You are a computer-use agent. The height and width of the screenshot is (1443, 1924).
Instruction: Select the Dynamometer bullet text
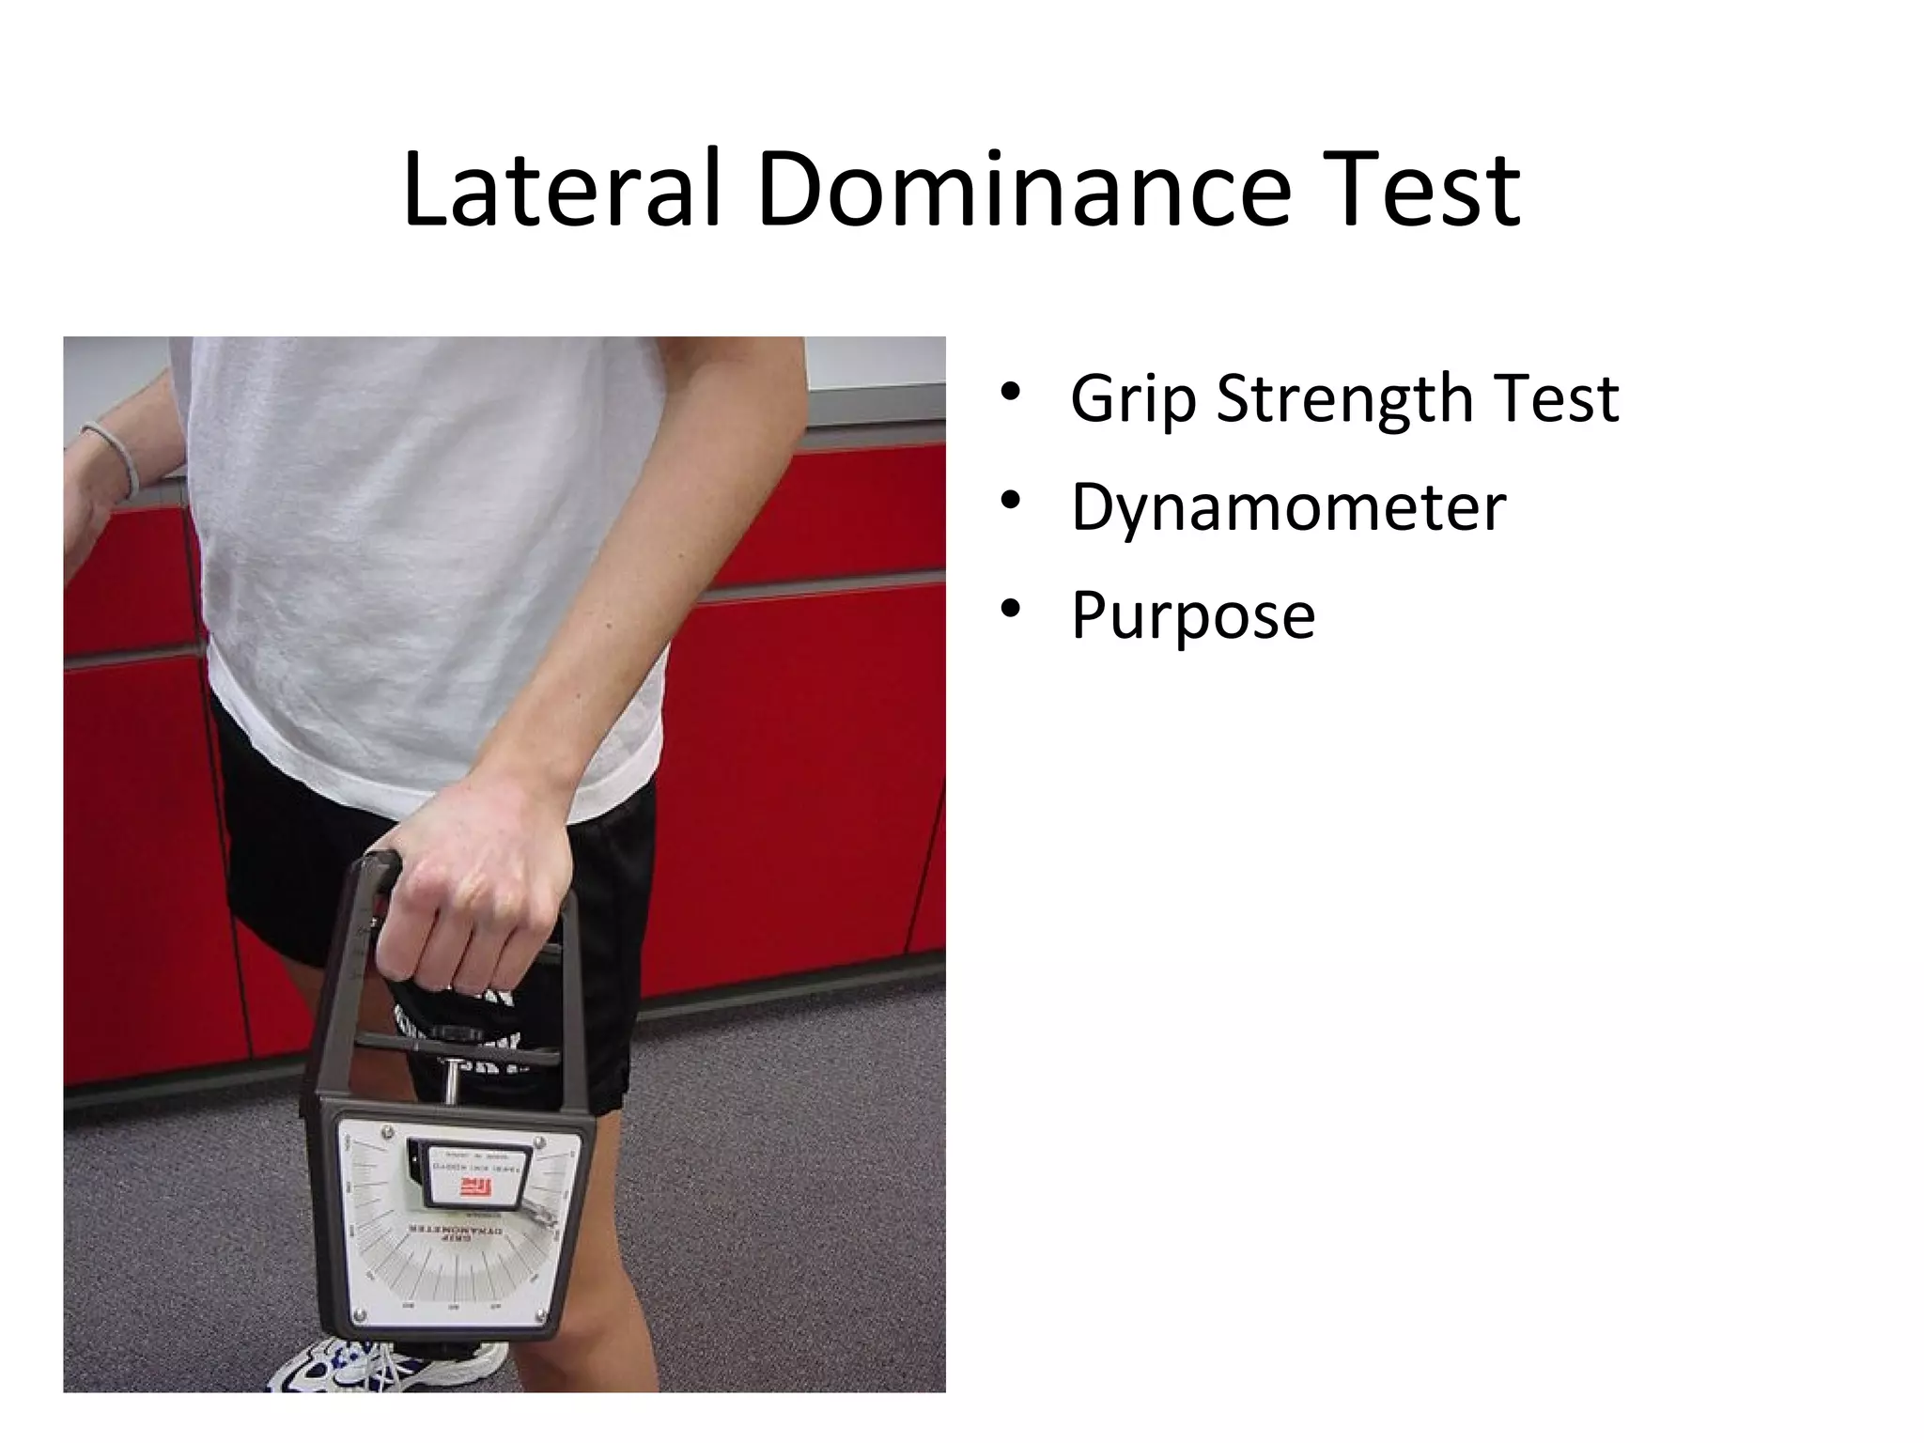pos(1288,507)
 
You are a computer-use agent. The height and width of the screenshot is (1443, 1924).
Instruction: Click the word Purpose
pos(1193,615)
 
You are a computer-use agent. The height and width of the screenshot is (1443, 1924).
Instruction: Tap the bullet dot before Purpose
pos(1011,611)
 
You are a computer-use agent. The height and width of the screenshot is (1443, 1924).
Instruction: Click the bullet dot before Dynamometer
pos(1011,502)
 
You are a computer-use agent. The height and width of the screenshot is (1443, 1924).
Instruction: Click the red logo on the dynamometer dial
pos(477,1190)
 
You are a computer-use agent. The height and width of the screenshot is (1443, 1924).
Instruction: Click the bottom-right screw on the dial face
pos(537,1314)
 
